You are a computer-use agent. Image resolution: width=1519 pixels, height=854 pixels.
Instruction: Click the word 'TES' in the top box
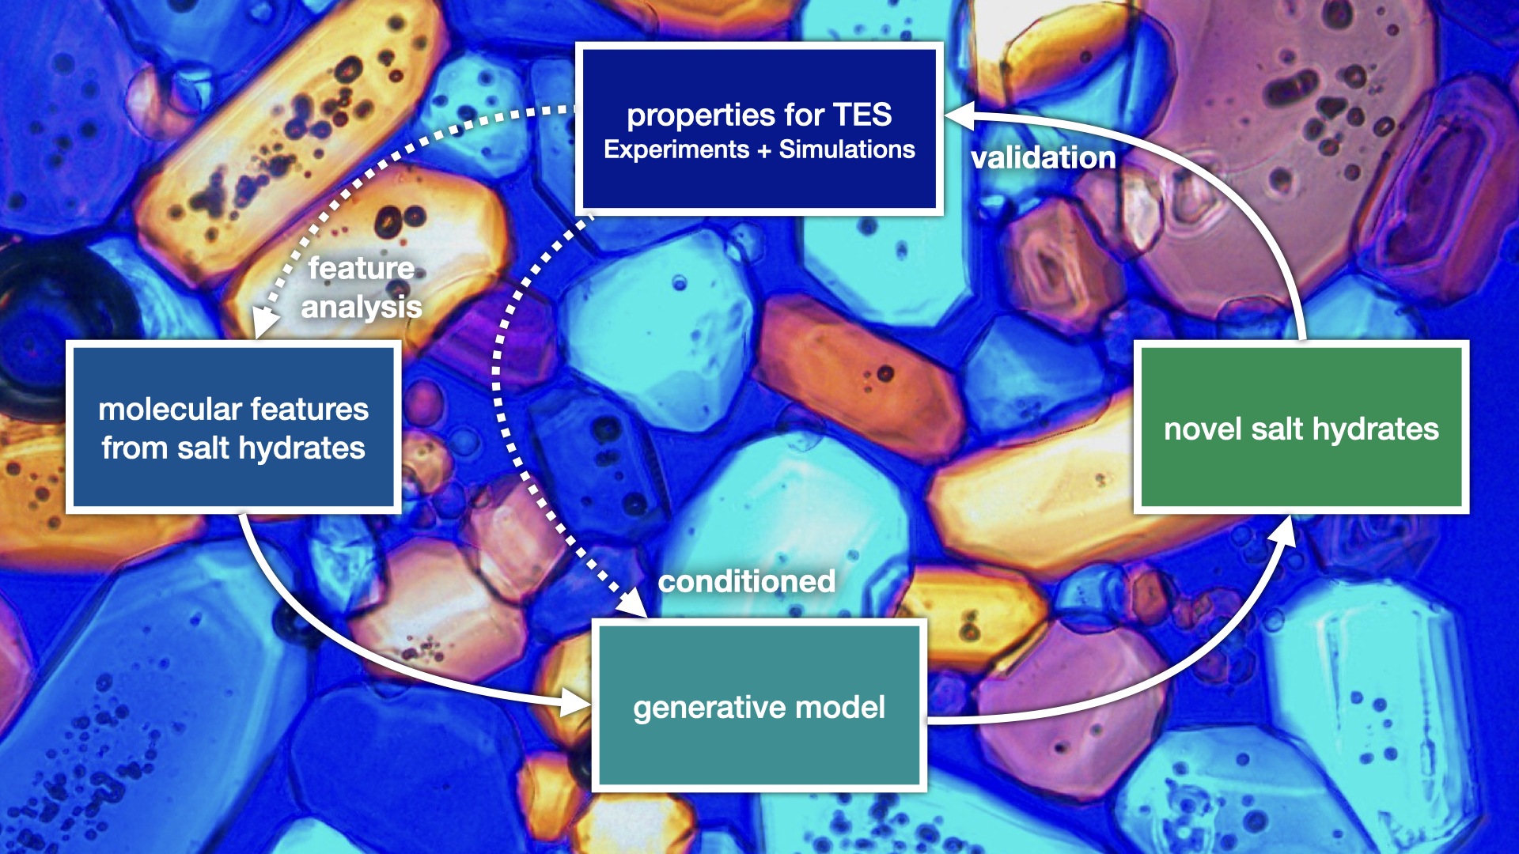pos(862,115)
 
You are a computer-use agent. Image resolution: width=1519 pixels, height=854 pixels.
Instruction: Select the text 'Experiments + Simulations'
pos(759,149)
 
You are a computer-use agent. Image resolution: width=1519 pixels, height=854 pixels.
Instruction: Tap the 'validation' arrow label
pos(1043,157)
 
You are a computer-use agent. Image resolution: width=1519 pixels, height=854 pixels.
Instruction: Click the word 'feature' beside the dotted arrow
pos(361,268)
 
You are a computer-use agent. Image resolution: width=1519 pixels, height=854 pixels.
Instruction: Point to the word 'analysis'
pos(361,307)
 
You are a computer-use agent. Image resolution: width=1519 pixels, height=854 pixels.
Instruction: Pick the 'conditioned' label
pos(746,581)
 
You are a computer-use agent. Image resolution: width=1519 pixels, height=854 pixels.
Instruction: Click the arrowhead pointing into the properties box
pos(957,115)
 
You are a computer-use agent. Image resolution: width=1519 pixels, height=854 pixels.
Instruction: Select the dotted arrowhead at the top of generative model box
pos(632,605)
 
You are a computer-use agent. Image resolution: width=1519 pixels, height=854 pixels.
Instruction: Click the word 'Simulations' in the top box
pos(847,149)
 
